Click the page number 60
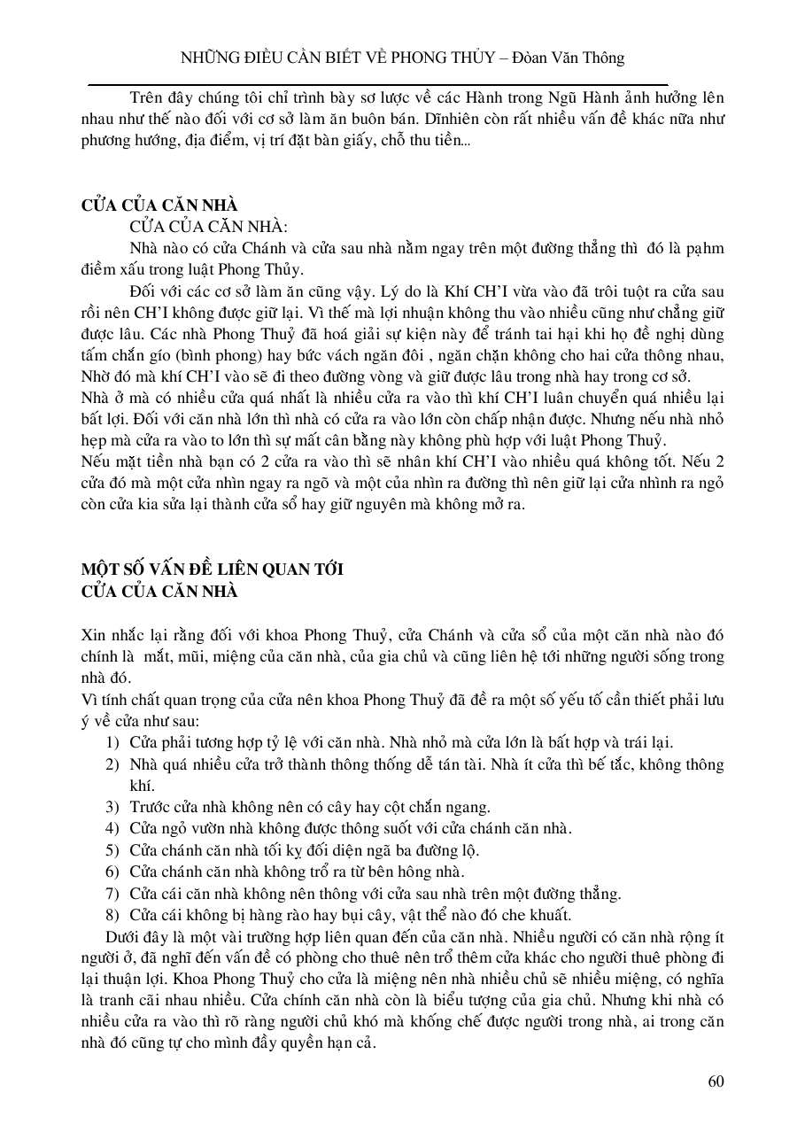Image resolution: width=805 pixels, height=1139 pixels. pyautogui.click(x=716, y=1081)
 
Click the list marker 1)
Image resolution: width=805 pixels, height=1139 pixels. pyautogui.click(x=112, y=742)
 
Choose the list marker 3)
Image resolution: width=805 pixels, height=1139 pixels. pyautogui.click(x=112, y=807)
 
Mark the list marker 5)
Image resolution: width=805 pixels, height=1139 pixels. pyautogui.click(x=112, y=850)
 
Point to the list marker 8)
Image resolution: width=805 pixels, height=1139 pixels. pyautogui.click(x=112, y=915)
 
